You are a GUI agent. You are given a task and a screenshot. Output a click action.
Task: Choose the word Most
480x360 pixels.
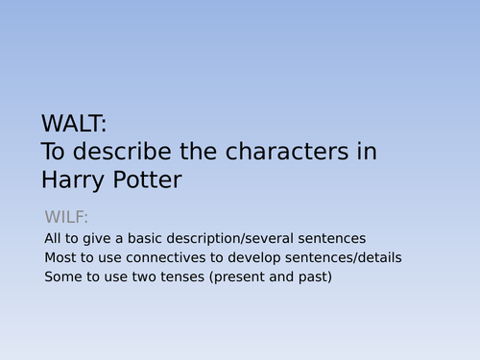click(x=60, y=257)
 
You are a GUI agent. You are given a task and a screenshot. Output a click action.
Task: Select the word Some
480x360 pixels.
click(x=61, y=277)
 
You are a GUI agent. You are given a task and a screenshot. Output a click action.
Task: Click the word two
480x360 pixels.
click(x=144, y=277)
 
